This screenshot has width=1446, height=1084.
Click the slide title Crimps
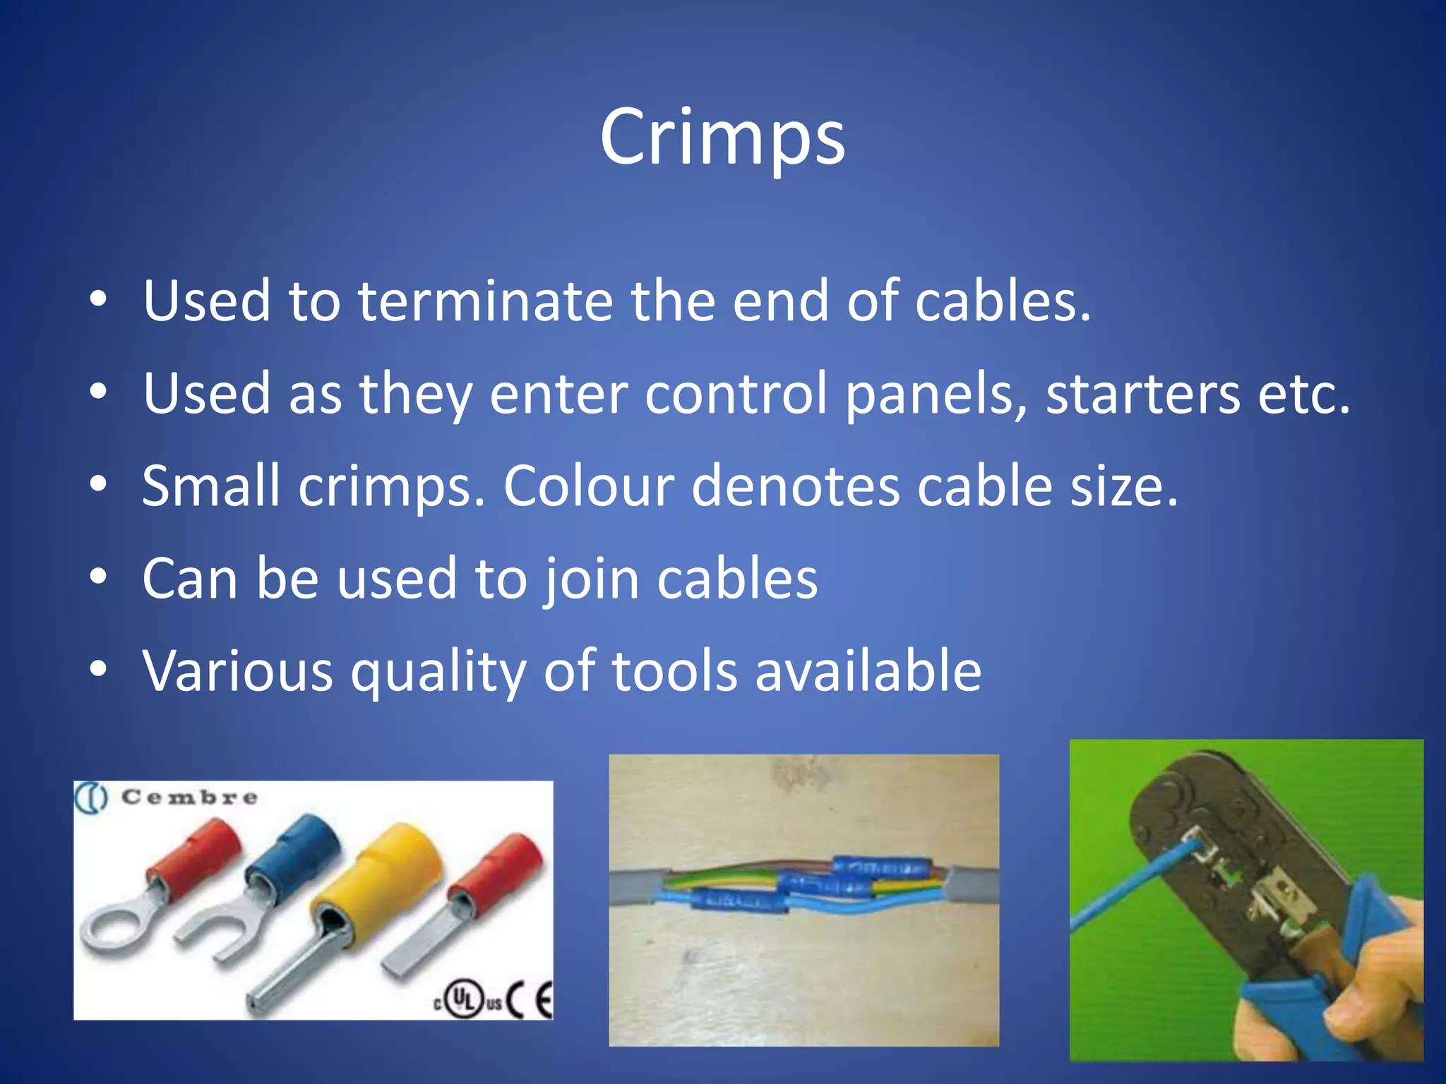point(722,138)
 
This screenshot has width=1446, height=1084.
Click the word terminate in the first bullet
point(485,301)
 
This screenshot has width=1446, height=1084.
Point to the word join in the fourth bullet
point(591,579)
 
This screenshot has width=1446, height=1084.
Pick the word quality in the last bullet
point(438,672)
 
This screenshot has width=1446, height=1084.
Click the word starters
point(1142,394)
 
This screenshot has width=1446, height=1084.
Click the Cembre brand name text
point(189,797)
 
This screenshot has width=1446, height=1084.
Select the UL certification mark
point(464,1000)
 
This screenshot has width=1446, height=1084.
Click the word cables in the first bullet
point(1003,301)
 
